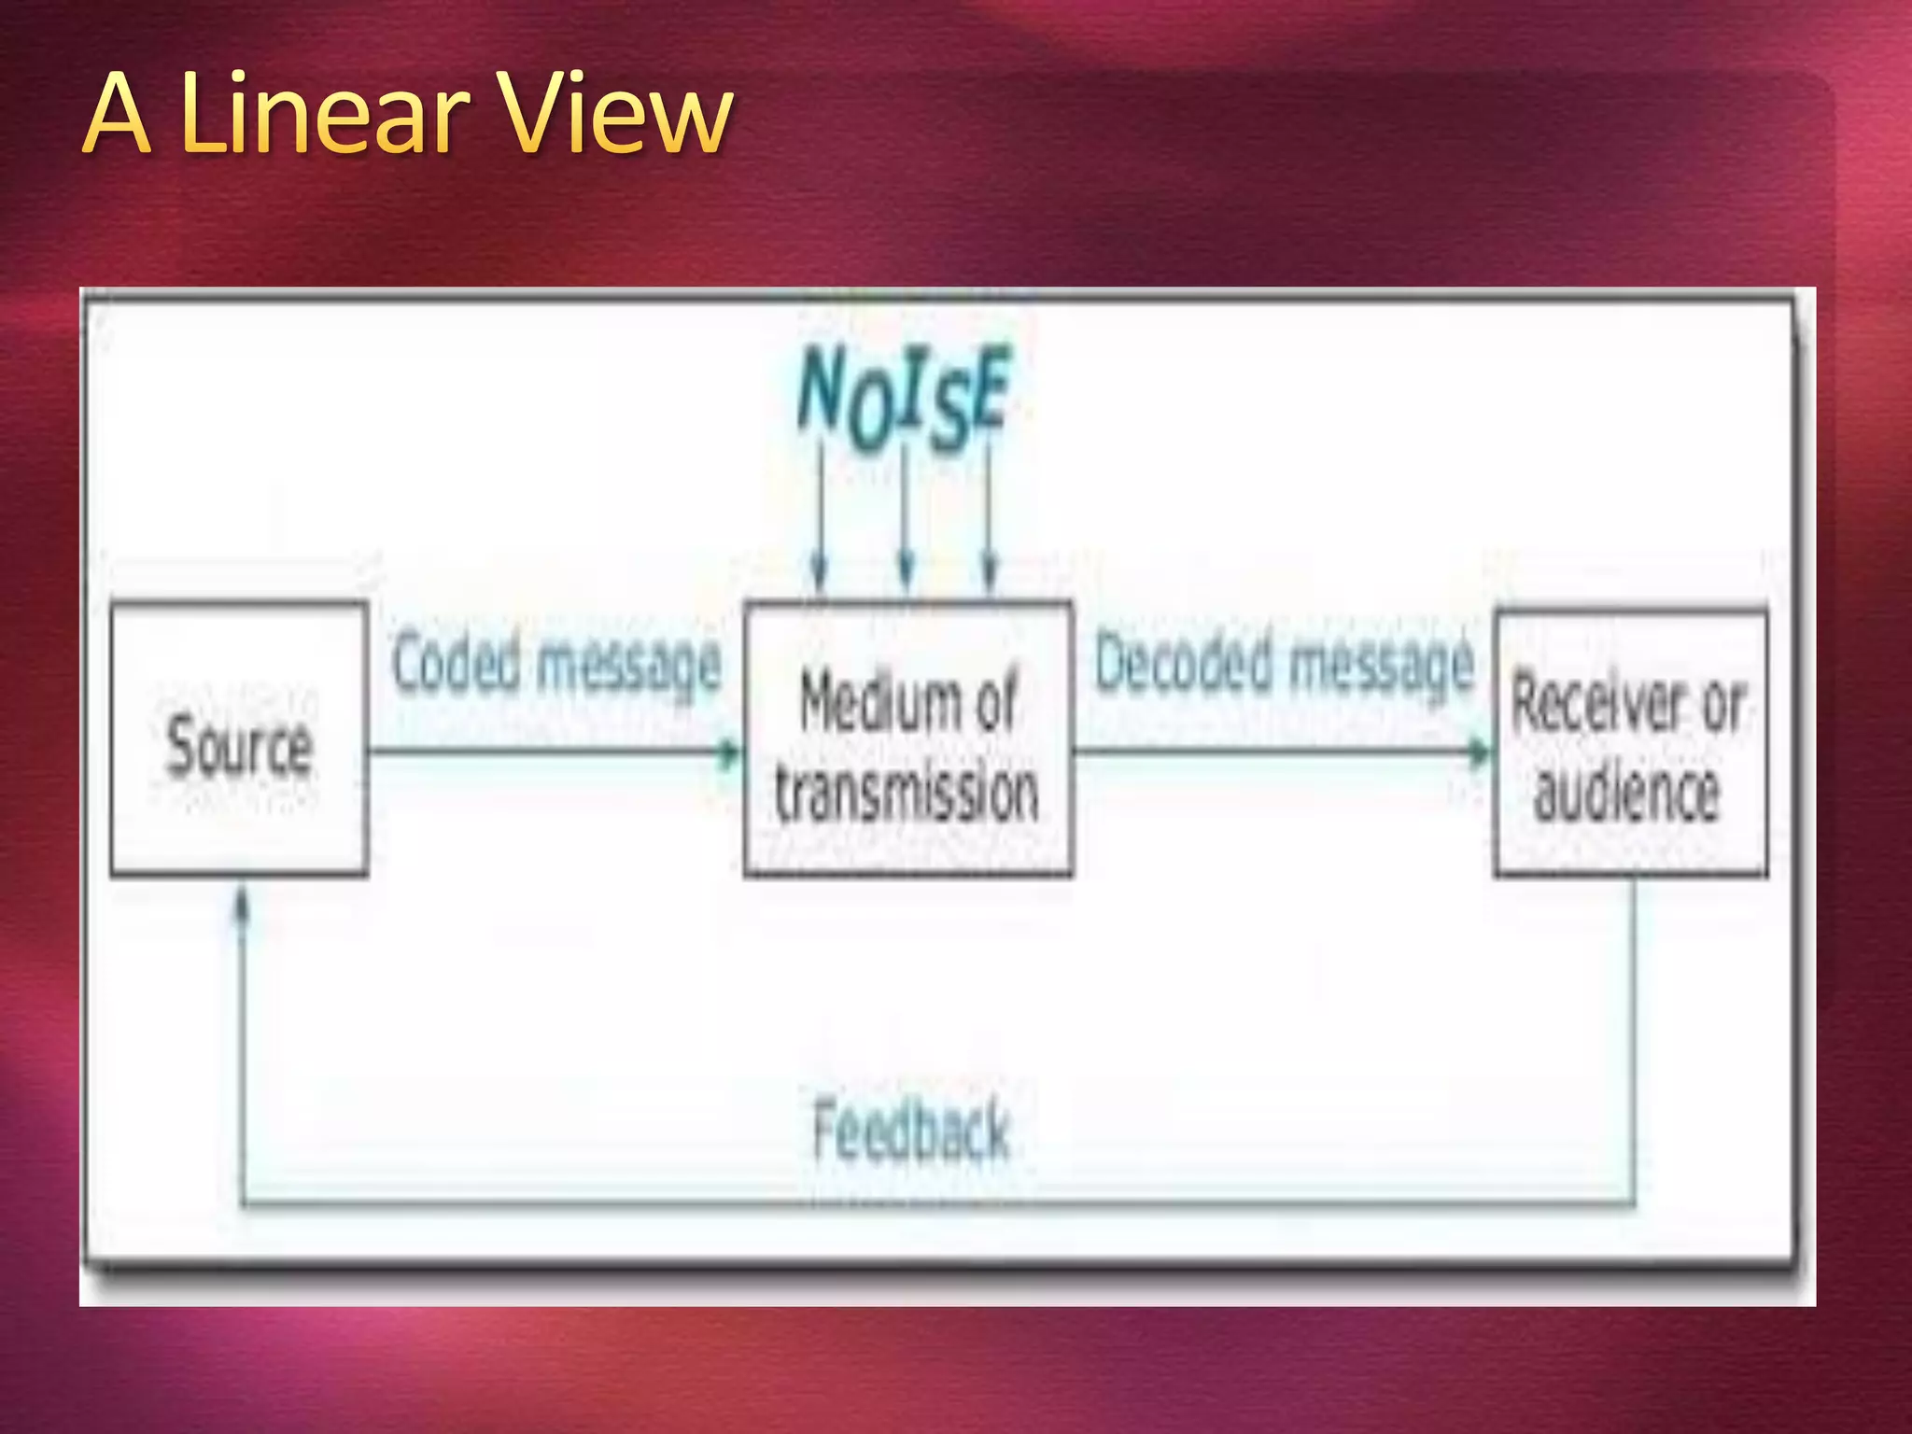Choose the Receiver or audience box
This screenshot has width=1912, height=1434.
click(1630, 743)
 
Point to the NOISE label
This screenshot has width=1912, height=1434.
click(902, 396)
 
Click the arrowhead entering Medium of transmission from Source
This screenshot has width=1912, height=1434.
click(728, 752)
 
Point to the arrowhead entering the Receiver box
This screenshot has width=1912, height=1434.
click(1480, 752)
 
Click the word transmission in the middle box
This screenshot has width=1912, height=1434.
click(906, 794)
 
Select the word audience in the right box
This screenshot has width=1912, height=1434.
click(1626, 794)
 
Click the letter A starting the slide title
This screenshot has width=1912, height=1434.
click(118, 116)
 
